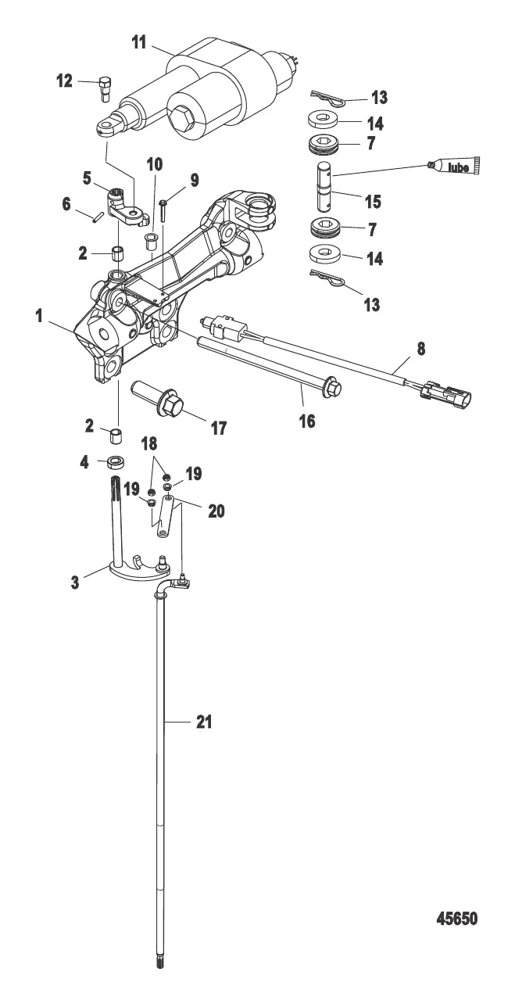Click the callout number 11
point(139,43)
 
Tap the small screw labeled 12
point(105,89)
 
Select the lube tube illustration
point(452,166)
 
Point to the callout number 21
point(204,722)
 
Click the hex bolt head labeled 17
point(173,405)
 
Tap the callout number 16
point(307,421)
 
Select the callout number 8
point(421,349)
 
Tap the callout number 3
point(75,583)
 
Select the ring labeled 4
point(116,462)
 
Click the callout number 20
point(216,511)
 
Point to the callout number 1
point(39,316)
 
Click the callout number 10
point(155,164)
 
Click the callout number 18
point(149,443)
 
